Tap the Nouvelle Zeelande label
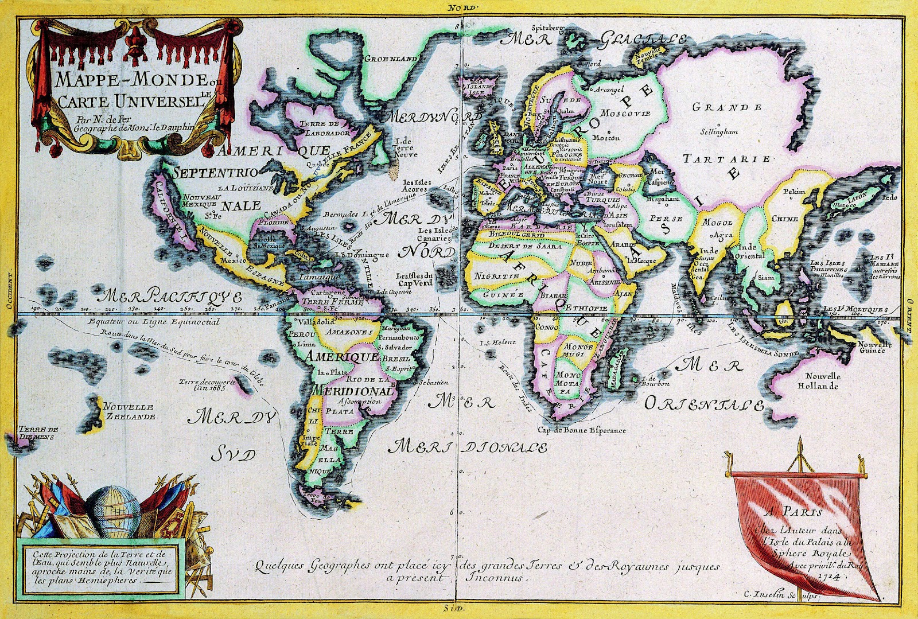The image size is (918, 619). (x=129, y=411)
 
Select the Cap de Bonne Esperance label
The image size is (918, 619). (x=582, y=430)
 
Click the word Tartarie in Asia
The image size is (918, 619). (x=726, y=159)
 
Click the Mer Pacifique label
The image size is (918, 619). (x=170, y=297)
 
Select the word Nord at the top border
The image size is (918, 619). (x=463, y=8)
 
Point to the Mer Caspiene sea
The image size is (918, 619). (x=658, y=177)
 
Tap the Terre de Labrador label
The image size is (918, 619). (x=319, y=128)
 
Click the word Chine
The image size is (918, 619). (x=784, y=219)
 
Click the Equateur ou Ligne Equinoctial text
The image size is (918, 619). (x=153, y=322)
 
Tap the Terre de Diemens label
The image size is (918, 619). (x=38, y=433)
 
